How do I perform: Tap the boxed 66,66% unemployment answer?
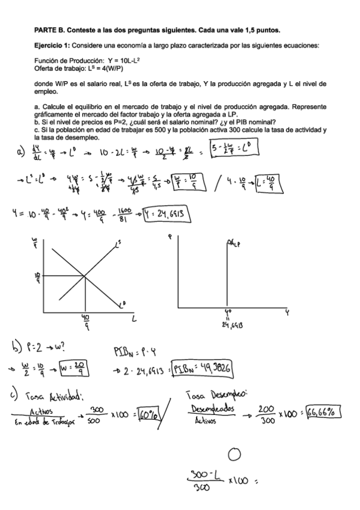click(323, 412)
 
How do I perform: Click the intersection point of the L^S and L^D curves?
click(84, 275)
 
